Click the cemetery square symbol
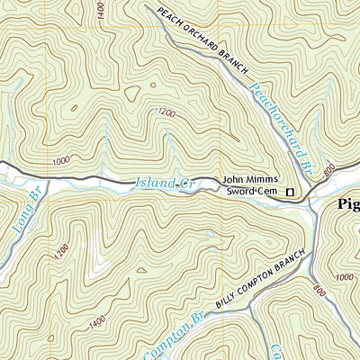290,192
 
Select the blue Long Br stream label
28,214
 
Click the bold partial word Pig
348,205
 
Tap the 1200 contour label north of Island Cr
166,112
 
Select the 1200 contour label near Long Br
60,254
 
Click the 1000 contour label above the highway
61,160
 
